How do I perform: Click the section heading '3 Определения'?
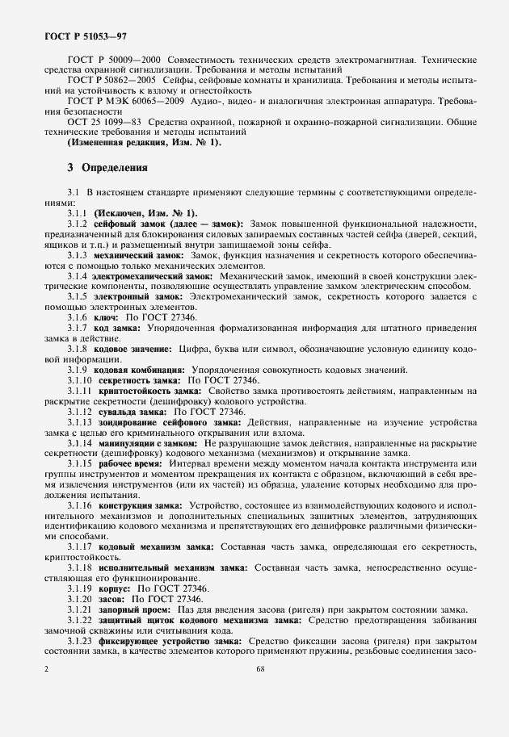click(107, 168)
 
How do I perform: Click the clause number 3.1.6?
click(79, 318)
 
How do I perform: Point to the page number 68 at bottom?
click(260, 668)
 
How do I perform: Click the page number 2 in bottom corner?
click(47, 668)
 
